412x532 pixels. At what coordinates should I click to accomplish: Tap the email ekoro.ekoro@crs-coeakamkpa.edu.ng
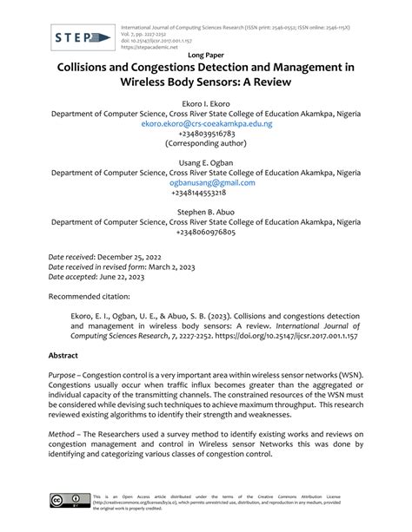(x=206, y=124)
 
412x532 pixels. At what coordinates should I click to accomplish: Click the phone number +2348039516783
(x=206, y=135)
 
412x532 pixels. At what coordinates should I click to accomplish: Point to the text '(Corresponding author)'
(x=206, y=145)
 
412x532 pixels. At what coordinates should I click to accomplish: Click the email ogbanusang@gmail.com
(x=206, y=183)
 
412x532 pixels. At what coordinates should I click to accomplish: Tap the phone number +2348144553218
(x=206, y=194)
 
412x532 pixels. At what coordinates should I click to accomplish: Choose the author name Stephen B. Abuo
(x=206, y=211)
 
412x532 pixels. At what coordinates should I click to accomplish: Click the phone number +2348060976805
(x=206, y=232)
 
